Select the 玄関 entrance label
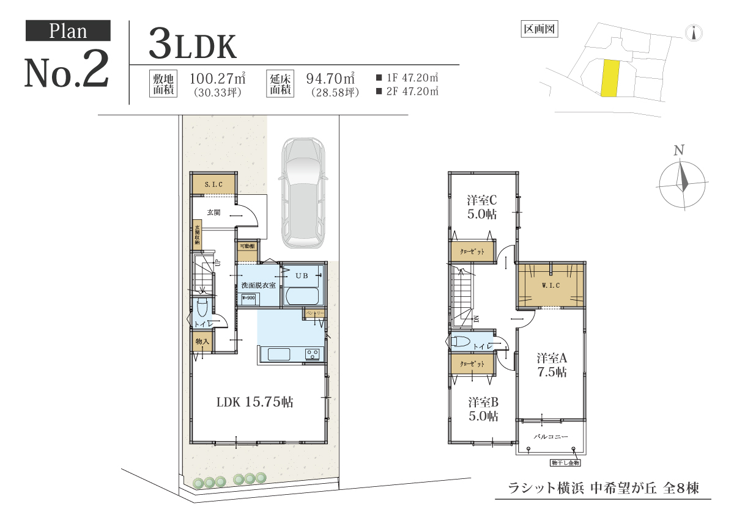tap(213, 213)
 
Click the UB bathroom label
tap(302, 275)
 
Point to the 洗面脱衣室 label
tap(258, 285)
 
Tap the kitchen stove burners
tap(313, 354)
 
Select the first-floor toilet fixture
tap(202, 306)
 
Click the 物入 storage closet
tap(202, 341)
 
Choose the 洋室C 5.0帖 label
tap(483, 207)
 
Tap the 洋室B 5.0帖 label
tap(483, 409)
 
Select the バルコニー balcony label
tap(551, 437)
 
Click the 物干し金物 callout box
tap(565, 464)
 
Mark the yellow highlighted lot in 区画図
tap(610, 78)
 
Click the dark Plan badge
tap(68, 31)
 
